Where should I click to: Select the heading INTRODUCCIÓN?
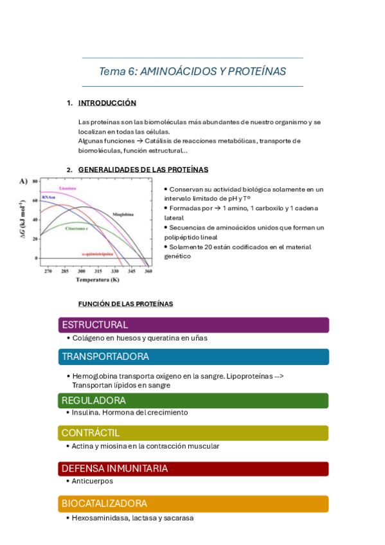(107, 103)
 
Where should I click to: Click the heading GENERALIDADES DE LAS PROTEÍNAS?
(143, 170)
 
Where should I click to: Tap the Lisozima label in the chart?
(67, 188)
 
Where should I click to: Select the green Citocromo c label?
(76, 228)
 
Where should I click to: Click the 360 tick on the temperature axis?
(148, 272)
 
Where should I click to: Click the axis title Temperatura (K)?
(97, 280)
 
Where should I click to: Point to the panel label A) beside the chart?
(23, 181)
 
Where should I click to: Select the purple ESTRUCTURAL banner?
(193, 325)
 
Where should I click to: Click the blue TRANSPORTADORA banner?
(193, 357)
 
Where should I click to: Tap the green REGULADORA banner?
(193, 400)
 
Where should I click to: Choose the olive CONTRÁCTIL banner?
(193, 433)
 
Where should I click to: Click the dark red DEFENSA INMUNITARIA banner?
(193, 469)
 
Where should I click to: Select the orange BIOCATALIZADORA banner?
(193, 503)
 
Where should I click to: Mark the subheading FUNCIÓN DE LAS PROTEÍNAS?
(125, 304)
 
